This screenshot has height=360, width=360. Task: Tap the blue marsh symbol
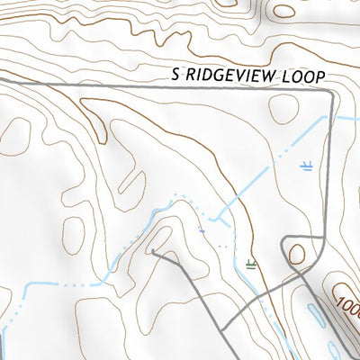click(307, 166)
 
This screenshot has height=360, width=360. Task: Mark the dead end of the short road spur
click(153, 252)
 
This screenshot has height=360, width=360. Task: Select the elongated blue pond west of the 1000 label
click(318, 315)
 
